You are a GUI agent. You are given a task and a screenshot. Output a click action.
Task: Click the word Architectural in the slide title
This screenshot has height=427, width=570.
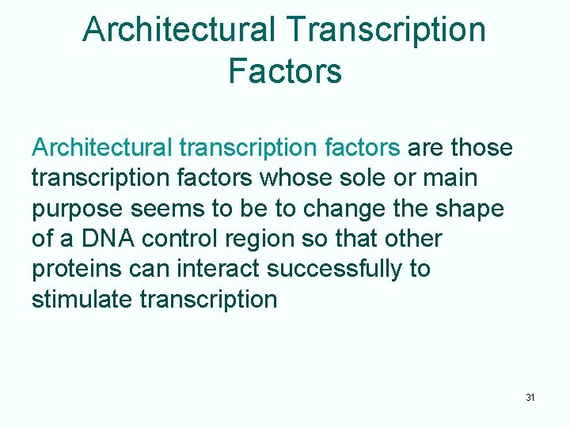180,30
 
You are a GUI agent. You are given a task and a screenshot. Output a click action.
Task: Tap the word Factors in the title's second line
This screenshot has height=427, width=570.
285,70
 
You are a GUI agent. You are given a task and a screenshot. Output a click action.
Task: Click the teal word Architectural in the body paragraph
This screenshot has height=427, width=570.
101,148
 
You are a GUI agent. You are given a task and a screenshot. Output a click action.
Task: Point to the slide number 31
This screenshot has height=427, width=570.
530,397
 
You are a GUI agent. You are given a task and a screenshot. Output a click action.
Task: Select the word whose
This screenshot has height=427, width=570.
295,178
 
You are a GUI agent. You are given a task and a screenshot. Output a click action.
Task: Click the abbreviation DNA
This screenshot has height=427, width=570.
103,239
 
